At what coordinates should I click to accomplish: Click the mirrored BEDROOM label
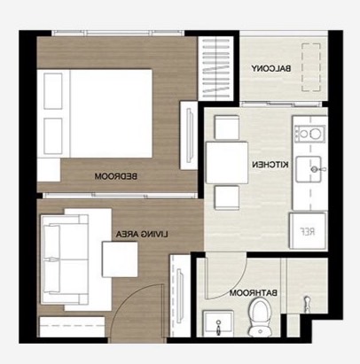pos(116,176)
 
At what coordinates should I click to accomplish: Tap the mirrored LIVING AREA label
pos(142,235)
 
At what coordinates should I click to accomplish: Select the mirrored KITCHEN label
pos(270,165)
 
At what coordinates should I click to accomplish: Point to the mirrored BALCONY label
pos(271,68)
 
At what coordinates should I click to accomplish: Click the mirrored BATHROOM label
pos(254,293)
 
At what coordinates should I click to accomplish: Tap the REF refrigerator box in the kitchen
pos(308,231)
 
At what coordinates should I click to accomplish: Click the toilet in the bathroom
pos(260,317)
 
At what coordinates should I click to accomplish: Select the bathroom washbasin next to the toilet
pos(218,323)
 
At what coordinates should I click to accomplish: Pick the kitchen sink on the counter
pos(309,169)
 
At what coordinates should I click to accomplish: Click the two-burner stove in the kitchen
pos(309,134)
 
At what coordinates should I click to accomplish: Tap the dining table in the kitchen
pos(227,163)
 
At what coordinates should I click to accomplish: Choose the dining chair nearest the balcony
pos(227,128)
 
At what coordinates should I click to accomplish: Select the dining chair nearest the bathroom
pos(227,197)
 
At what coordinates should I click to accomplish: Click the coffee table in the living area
pos(120,259)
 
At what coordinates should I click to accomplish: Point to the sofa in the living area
pos(65,259)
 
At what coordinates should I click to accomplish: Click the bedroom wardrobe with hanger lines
pos(216,69)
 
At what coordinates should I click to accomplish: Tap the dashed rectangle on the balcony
pos(311,67)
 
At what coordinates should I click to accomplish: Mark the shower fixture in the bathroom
pos(308,305)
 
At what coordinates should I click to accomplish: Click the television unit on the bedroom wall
pos(189,136)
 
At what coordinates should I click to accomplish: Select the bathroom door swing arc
pos(233,282)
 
